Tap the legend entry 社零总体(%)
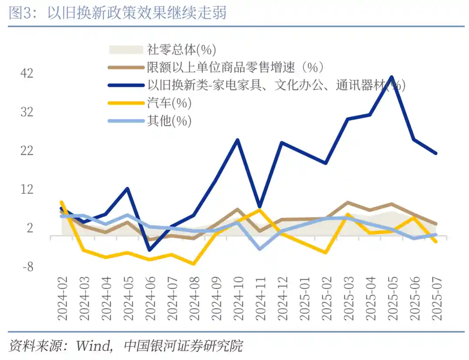[182, 50]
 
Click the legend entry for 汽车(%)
[169, 103]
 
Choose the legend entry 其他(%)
[169, 121]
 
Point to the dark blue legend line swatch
[126, 86]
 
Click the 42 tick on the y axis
[27, 73]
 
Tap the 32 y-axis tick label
[27, 112]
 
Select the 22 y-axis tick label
[27, 151]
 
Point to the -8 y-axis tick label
[27, 267]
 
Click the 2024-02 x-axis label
[63, 299]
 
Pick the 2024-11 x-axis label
[260, 299]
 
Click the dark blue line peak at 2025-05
[392, 77]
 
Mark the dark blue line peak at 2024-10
[238, 140]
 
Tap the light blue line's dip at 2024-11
[260, 249]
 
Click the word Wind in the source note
[92, 346]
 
